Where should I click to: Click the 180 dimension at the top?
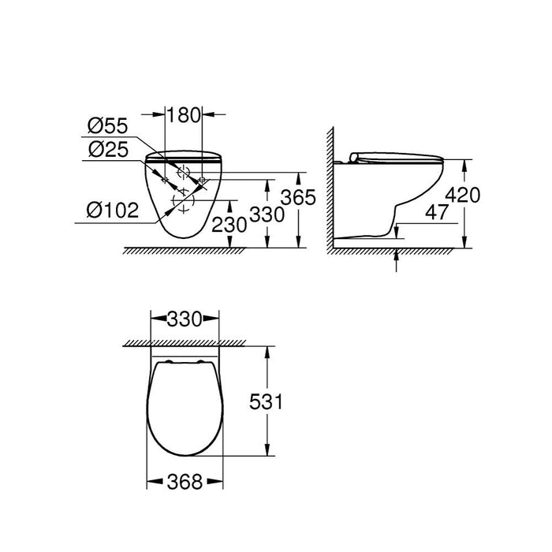coord(183,115)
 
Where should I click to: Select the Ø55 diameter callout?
coord(108,126)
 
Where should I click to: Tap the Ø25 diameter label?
coord(109,150)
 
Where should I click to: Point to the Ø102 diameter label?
coord(113,211)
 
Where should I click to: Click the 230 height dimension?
coord(229,225)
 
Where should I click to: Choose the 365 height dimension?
coord(298,197)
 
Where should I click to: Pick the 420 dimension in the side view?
coord(463,195)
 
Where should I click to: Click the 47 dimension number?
coord(437,212)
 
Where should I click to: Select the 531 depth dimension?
coord(266,401)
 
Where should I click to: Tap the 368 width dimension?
coord(185,482)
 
